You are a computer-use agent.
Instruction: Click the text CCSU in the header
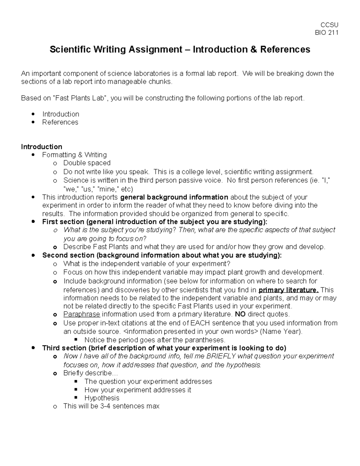click(x=329, y=25)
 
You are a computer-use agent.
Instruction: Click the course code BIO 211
click(x=326, y=33)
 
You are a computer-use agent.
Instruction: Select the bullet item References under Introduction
click(x=60, y=122)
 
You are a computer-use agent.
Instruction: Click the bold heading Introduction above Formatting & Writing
click(x=41, y=147)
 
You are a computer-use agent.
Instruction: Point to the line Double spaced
click(x=87, y=163)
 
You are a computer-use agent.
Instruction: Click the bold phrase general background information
click(x=174, y=197)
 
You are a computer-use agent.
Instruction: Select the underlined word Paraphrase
click(x=82, y=314)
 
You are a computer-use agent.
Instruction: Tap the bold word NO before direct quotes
click(x=240, y=314)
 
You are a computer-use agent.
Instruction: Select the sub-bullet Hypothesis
click(x=102, y=398)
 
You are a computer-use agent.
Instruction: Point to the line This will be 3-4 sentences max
click(x=111, y=406)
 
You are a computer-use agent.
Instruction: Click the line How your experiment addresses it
click(x=138, y=390)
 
